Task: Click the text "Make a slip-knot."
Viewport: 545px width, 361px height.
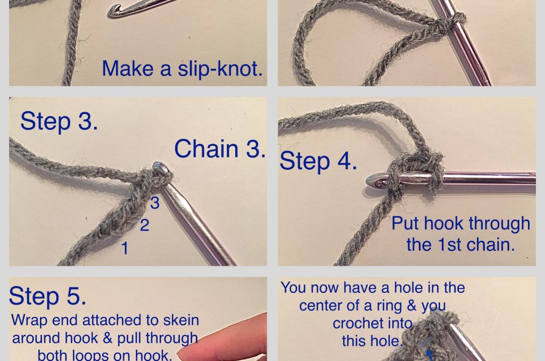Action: (x=182, y=69)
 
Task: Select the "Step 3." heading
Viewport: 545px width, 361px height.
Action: (x=59, y=121)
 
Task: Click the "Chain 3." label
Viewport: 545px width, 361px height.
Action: (x=219, y=149)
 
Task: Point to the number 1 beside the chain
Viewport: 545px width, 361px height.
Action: (x=125, y=248)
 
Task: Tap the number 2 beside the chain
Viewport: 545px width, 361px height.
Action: (x=144, y=225)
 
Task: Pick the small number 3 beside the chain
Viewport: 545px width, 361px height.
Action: (x=154, y=203)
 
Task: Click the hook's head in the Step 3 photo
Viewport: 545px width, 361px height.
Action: (x=160, y=169)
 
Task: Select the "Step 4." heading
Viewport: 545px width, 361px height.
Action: (x=318, y=161)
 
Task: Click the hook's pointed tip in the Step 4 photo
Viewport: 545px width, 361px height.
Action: (x=370, y=181)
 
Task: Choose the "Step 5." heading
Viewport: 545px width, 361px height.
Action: (x=47, y=296)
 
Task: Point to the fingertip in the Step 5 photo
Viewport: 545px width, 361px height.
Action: (x=186, y=351)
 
